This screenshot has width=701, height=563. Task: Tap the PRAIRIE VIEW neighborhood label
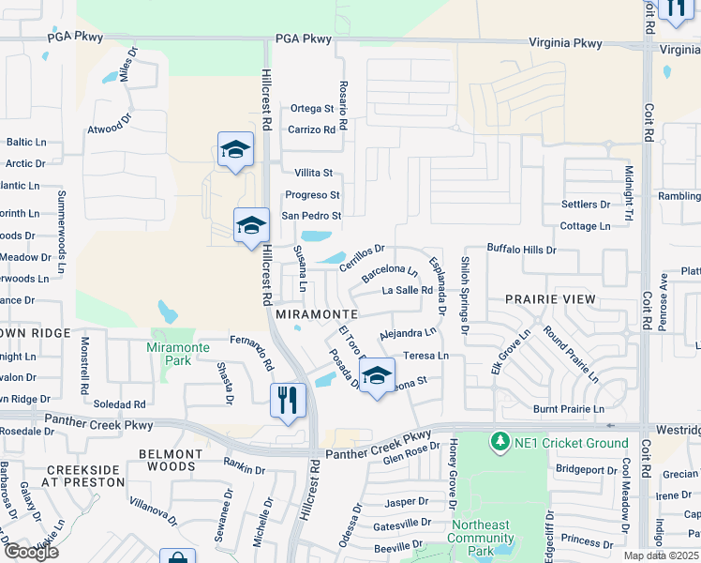[550, 299]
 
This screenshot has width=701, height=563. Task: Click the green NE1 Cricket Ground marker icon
[500, 441]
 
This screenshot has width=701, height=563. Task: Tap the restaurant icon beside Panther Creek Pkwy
[288, 400]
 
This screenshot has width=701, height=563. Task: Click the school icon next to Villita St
[235, 149]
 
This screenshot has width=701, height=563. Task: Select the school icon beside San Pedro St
[250, 225]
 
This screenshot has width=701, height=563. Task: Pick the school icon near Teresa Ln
[377, 375]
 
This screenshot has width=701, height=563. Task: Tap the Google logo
[31, 552]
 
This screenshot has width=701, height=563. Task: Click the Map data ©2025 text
[662, 555]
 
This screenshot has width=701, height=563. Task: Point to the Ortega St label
[312, 109]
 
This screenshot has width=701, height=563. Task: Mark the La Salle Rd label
[408, 290]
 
